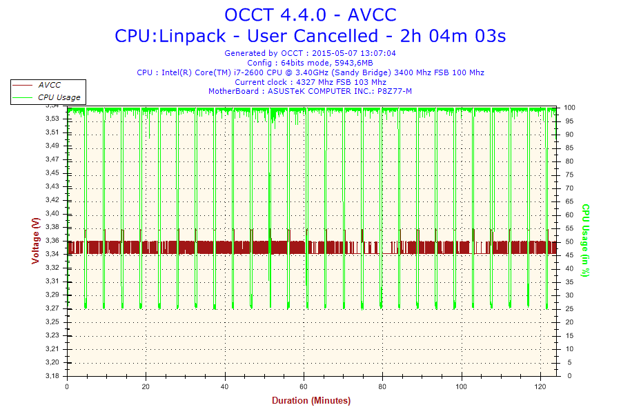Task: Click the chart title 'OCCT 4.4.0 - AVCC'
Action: pyautogui.click(x=310, y=14)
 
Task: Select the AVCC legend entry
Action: pyautogui.click(x=49, y=85)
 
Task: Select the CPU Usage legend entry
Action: pyautogui.click(x=59, y=98)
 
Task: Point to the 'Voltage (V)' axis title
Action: pyautogui.click(x=35, y=240)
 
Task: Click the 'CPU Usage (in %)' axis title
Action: pyautogui.click(x=585, y=240)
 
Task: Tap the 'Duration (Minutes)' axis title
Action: pyautogui.click(x=310, y=401)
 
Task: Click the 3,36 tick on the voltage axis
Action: pyautogui.click(x=52, y=241)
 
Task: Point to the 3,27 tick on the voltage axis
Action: pyautogui.click(x=52, y=308)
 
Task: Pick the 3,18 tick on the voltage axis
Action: pyautogui.click(x=52, y=376)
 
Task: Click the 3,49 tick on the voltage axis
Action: pyautogui.click(x=52, y=146)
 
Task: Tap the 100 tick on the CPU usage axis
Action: pyautogui.click(x=570, y=108)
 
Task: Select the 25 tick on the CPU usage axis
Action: pyautogui.click(x=568, y=308)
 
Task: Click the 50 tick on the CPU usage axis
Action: pyautogui.click(x=568, y=241)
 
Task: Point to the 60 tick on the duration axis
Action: pyautogui.click(x=304, y=386)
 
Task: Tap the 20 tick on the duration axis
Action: pyautogui.click(x=146, y=386)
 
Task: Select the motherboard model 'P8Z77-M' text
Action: pyautogui.click(x=396, y=92)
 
